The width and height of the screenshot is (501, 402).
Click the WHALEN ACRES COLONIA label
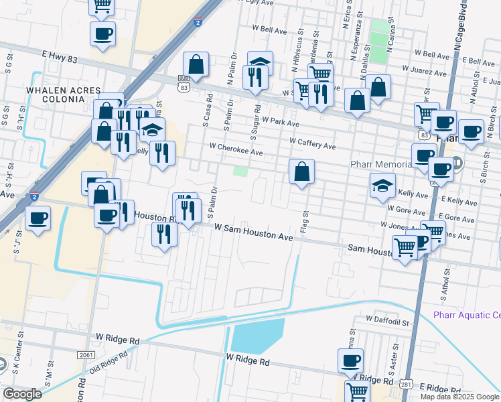63,94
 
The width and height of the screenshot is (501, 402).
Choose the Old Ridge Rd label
99,363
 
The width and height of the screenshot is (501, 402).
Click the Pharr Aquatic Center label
467,316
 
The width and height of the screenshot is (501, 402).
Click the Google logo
22,394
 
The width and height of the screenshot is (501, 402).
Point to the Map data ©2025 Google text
459,397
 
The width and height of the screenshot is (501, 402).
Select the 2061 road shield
86,354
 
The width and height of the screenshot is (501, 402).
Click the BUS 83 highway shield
184,82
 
